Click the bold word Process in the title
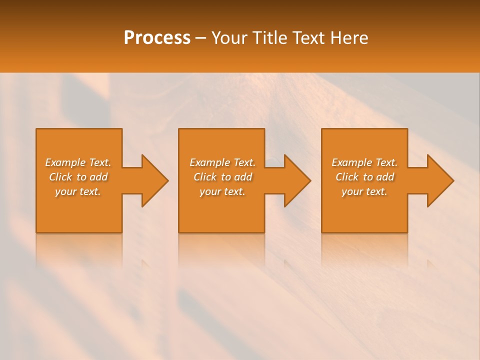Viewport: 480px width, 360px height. coord(157,38)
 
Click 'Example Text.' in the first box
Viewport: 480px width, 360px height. coord(78,162)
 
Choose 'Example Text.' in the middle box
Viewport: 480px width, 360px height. coord(222,162)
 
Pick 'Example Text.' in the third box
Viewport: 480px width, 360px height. coord(364,162)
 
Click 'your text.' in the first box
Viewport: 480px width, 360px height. coord(78,191)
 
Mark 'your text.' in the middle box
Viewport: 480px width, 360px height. coord(222,191)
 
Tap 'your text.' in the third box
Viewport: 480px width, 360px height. coord(364,191)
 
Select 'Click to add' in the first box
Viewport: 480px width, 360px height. coord(78,177)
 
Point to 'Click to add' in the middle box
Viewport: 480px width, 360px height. coord(222,177)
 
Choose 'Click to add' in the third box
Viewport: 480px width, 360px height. coord(364,177)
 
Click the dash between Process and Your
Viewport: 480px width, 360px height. coord(201,38)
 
